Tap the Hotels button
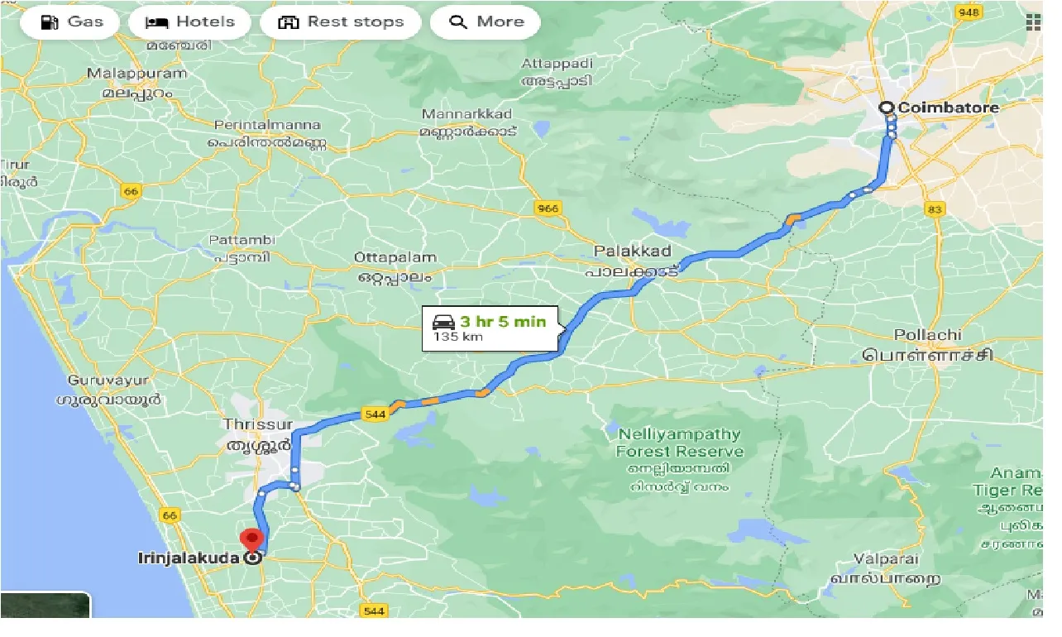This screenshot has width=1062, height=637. (190, 22)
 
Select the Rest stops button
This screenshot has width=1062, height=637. (340, 22)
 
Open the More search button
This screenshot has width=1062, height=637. (485, 22)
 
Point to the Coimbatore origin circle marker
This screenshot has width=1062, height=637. (887, 108)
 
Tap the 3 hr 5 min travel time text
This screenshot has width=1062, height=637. (503, 322)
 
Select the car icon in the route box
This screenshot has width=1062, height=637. (443, 323)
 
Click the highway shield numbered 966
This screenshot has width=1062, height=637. (547, 208)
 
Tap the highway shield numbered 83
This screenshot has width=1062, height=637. (935, 209)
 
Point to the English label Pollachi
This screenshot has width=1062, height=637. (927, 335)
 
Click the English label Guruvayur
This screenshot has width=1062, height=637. (108, 381)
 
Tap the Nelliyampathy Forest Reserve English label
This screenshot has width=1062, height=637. (679, 443)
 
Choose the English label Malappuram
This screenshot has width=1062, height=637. (137, 73)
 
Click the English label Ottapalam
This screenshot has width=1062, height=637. (395, 257)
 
